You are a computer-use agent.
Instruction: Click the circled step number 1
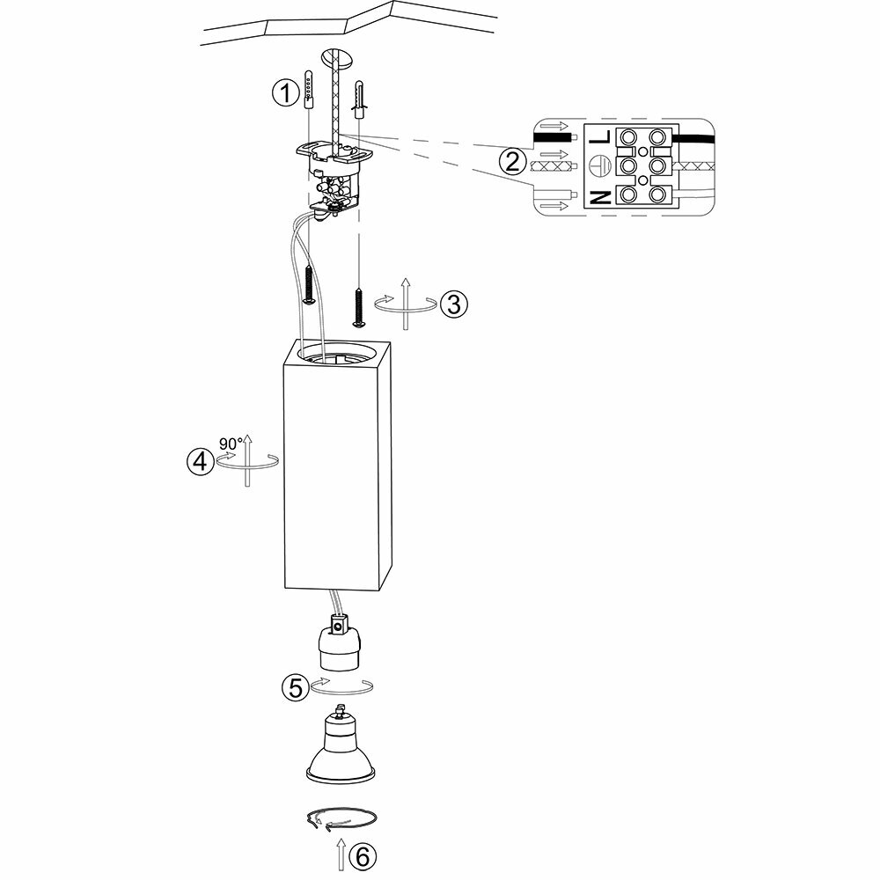click(x=284, y=92)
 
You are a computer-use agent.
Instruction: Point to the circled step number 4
click(x=201, y=461)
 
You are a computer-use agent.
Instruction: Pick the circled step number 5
click(x=295, y=687)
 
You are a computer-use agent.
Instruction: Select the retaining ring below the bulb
click(x=341, y=820)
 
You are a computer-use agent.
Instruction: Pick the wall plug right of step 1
click(x=359, y=100)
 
